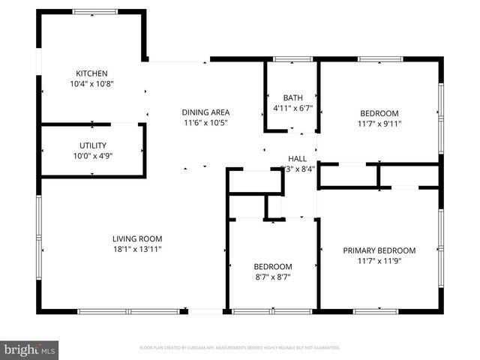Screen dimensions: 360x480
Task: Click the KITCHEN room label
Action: click(x=91, y=73)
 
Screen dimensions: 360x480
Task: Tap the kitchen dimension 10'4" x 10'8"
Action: click(x=91, y=84)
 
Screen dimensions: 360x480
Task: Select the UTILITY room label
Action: click(x=93, y=145)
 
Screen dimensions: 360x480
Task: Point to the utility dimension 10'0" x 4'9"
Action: click(x=93, y=156)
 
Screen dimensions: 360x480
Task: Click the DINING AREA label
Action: click(x=206, y=112)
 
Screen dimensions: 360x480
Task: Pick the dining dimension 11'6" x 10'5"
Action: click(x=206, y=122)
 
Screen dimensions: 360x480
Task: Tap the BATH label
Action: click(x=292, y=98)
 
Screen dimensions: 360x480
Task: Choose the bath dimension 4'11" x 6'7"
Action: click(x=292, y=109)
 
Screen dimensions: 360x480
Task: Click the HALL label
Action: click(x=298, y=158)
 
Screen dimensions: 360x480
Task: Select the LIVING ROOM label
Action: click(x=137, y=239)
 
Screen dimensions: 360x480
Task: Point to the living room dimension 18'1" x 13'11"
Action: click(x=137, y=250)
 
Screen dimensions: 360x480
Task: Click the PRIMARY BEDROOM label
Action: click(x=379, y=250)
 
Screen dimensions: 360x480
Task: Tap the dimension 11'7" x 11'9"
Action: click(x=379, y=261)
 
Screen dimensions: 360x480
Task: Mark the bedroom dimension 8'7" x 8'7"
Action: click(x=273, y=277)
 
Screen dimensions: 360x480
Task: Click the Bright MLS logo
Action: click(x=30, y=349)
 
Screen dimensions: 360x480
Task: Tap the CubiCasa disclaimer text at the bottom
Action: click(x=240, y=348)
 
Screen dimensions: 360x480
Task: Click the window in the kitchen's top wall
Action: click(x=94, y=11)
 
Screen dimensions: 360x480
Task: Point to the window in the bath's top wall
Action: click(x=293, y=58)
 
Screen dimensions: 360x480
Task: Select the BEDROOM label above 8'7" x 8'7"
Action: click(x=273, y=266)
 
